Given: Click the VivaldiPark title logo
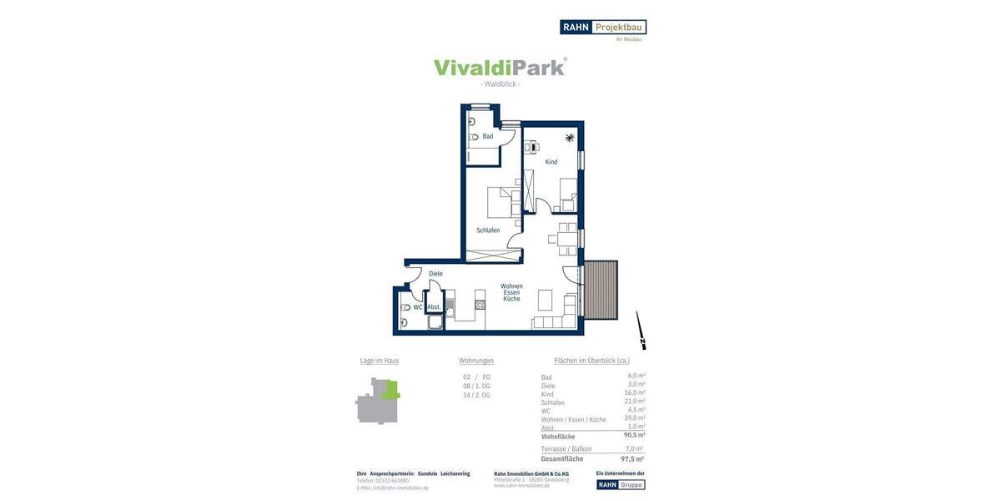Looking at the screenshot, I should point(500,68).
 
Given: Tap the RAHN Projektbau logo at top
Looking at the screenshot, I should point(602,27).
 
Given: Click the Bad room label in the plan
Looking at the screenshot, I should point(488,136).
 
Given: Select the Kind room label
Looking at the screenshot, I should point(551,162).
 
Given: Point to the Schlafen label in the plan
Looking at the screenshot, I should point(488,230).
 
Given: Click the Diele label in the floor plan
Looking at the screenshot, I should point(435,274).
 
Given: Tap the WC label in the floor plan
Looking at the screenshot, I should point(418,307).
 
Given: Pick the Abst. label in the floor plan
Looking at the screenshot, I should point(434,307).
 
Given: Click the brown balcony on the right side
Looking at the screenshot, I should point(601,290).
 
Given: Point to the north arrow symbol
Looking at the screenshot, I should point(641,331).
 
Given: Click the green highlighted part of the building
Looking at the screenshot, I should point(390,389).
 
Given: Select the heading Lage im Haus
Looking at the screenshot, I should point(380,361).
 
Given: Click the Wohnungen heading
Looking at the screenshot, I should point(476,361).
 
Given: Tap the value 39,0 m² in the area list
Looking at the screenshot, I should point(636,418).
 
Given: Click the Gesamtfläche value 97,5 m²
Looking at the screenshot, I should point(632,458).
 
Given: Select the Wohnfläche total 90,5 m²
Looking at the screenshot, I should point(634,435).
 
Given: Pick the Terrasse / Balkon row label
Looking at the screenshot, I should point(566,449).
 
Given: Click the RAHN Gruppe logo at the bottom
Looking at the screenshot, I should point(621,484).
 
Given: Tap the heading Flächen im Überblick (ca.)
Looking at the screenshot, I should point(592,361).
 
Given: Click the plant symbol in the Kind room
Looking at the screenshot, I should point(570,138).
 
